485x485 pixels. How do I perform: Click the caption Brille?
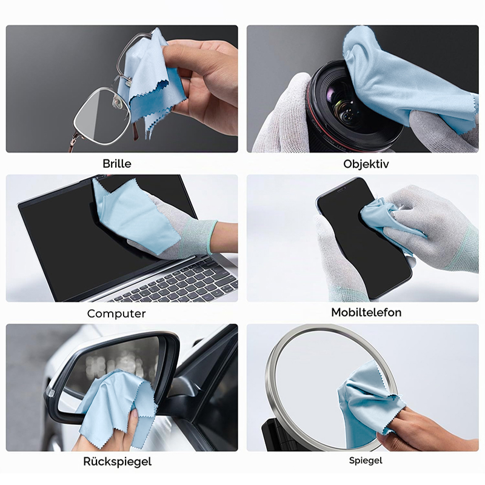[x=117, y=163]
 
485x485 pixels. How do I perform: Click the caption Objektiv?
[x=366, y=164]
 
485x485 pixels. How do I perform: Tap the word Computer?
[x=116, y=313]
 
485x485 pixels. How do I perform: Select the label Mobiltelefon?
[x=366, y=312]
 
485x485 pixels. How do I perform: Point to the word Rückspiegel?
[x=117, y=461]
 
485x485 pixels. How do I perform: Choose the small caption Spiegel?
[x=366, y=461]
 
